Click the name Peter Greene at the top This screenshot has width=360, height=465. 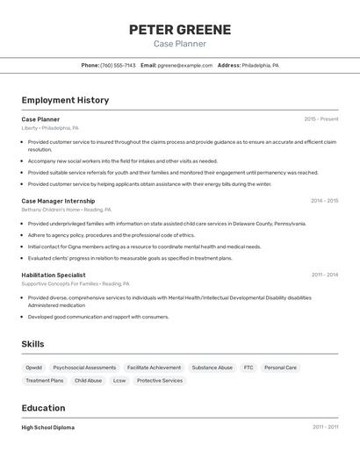click(180, 30)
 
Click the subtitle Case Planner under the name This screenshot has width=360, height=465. click(180, 44)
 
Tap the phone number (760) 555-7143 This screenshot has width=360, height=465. click(118, 65)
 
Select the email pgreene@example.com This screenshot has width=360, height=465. click(185, 65)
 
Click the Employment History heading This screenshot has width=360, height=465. click(65, 100)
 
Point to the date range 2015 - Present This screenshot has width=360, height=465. click(320, 118)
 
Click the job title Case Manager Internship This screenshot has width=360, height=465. click(57, 201)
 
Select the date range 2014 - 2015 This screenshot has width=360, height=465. click(324, 201)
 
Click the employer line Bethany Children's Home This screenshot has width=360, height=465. click(66, 210)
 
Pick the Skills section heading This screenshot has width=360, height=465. click(33, 344)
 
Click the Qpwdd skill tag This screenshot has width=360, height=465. click(33, 368)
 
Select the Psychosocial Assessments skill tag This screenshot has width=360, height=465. click(84, 368)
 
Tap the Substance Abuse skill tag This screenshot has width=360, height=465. click(212, 368)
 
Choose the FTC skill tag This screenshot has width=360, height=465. click(248, 368)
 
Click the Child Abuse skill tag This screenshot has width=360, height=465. click(88, 381)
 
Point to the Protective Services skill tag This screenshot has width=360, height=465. click(160, 381)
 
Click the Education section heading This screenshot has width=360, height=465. click(43, 408)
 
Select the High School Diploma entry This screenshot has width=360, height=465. click(48, 427)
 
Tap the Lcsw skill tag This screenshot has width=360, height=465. click(119, 381)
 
